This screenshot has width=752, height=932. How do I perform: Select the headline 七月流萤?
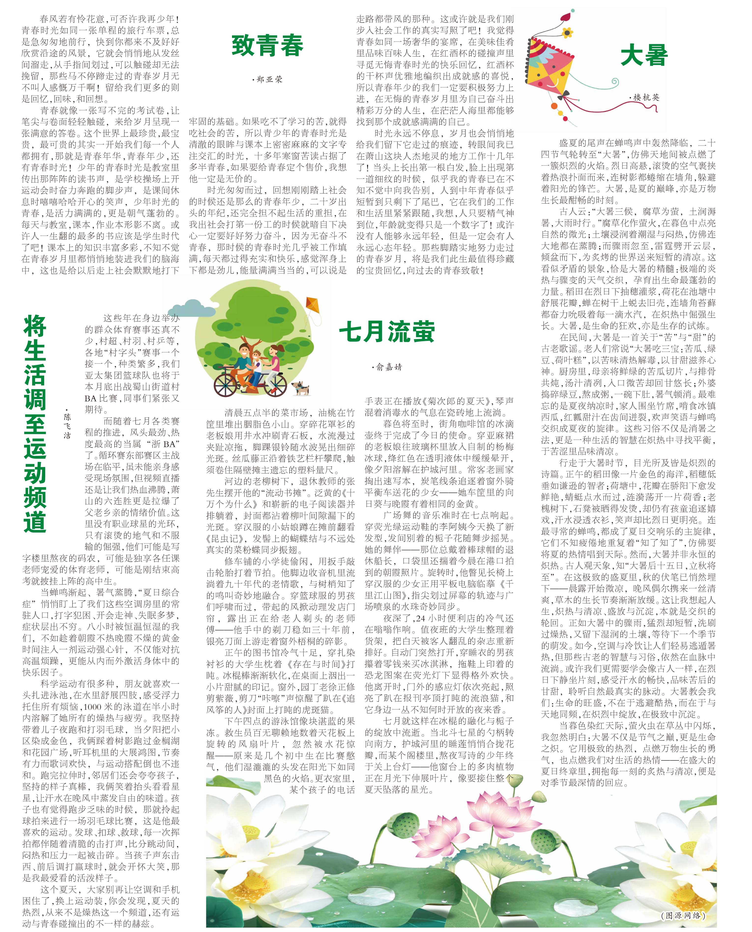(x=387, y=332)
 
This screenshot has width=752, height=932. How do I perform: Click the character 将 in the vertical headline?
(x=35, y=326)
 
